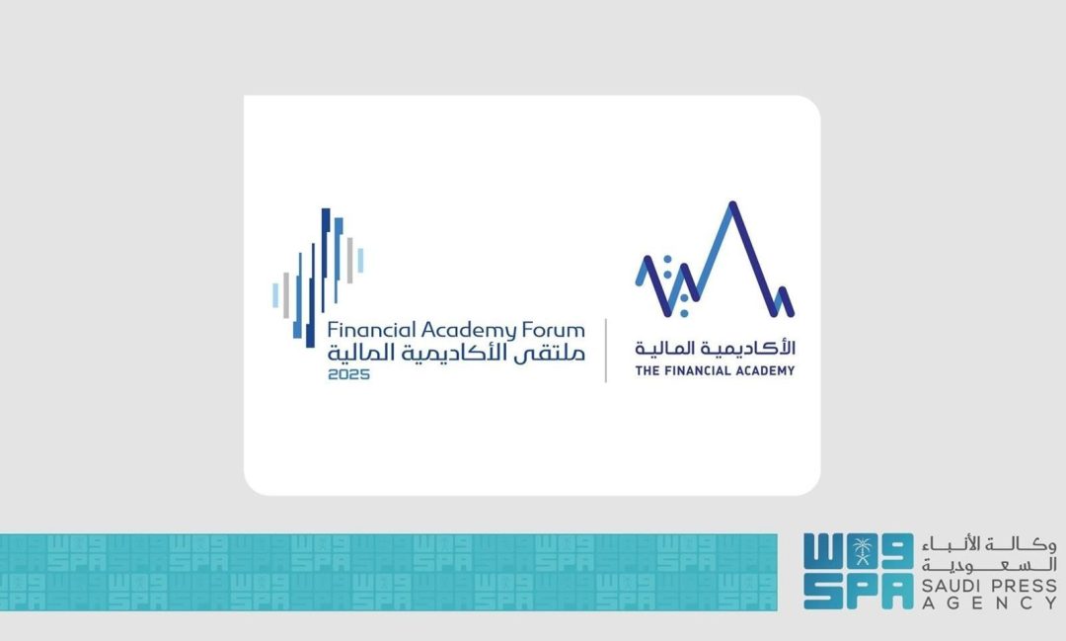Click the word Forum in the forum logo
[554, 330]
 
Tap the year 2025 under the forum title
[347, 374]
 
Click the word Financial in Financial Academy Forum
[372, 330]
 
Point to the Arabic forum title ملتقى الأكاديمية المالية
[456, 353]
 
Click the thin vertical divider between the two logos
[605, 351]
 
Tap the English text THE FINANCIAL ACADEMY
[715, 371]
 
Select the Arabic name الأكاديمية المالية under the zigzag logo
[715, 349]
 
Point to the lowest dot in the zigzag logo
[685, 313]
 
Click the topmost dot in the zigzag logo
[667, 260]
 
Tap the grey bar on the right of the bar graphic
[349, 260]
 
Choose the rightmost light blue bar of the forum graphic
[360, 260]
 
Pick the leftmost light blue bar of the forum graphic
[276, 294]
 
